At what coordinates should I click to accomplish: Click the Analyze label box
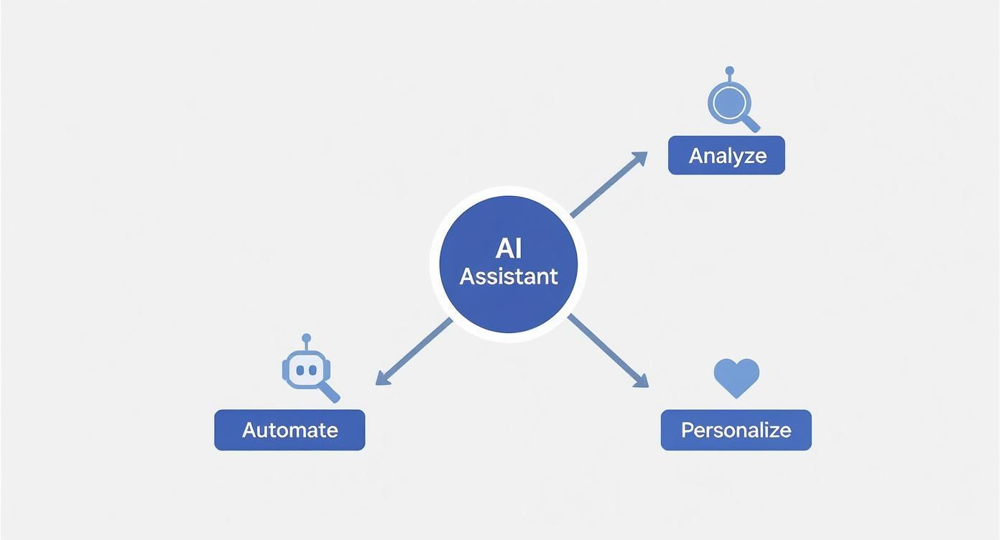[x=726, y=155]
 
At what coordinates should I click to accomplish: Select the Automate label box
[x=290, y=430]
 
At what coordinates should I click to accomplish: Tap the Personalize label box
[x=736, y=430]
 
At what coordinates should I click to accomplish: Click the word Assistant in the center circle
[x=509, y=276]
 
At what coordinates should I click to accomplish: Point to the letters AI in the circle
[x=509, y=248]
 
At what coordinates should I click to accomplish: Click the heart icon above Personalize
[x=736, y=377]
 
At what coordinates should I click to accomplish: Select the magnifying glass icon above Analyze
[x=729, y=103]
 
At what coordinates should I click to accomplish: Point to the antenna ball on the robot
[x=307, y=337]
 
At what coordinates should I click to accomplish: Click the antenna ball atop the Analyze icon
[x=730, y=70]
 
